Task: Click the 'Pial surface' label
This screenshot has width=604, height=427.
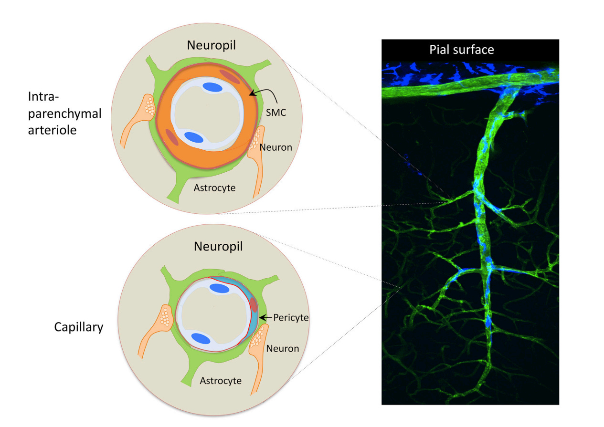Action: point(461,49)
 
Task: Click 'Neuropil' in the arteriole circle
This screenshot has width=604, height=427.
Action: point(212,46)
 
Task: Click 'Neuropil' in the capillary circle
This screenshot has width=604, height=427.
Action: point(218,247)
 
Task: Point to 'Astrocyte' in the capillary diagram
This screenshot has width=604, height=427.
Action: point(221,381)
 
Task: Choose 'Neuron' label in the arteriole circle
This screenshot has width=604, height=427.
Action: point(276,147)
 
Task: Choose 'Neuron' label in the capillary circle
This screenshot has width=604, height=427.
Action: point(283,348)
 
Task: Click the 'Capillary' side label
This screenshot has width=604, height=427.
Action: point(79,328)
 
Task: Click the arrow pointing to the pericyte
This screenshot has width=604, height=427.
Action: point(267,316)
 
